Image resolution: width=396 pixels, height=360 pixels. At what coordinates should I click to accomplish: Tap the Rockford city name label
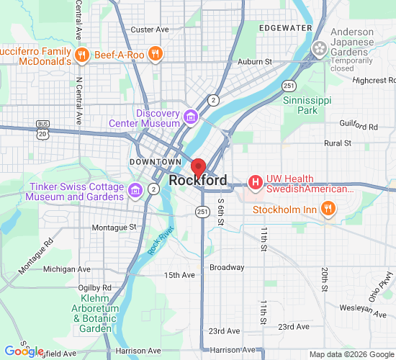pyautogui.click(x=198, y=181)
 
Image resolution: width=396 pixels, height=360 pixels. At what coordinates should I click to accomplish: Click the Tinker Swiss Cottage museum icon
pyautogui.click(x=135, y=190)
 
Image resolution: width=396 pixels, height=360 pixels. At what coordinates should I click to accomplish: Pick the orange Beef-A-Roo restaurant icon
pyautogui.click(x=155, y=54)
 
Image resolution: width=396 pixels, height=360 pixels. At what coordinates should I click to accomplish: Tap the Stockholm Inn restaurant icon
pyautogui.click(x=328, y=210)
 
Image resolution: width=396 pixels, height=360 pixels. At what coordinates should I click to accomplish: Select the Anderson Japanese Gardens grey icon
pyautogui.click(x=318, y=48)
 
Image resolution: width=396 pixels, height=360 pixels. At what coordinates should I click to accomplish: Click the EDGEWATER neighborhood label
pyautogui.click(x=286, y=28)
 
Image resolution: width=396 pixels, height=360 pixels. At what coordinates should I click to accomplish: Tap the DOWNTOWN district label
pyautogui.click(x=155, y=163)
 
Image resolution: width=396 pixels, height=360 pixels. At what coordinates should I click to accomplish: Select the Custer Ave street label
pyautogui.click(x=149, y=30)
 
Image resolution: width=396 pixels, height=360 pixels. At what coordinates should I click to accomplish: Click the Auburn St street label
pyautogui.click(x=254, y=62)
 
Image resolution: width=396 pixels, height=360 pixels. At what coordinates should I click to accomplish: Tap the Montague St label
pyautogui.click(x=114, y=227)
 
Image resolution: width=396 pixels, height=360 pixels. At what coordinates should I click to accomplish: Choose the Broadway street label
pyautogui.click(x=227, y=267)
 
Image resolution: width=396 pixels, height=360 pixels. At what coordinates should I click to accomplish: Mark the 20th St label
pyautogui.click(x=325, y=277)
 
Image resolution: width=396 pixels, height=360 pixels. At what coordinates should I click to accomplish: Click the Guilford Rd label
pyautogui.click(x=362, y=127)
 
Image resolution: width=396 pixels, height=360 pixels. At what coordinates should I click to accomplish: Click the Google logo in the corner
pyautogui.click(x=24, y=351)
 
